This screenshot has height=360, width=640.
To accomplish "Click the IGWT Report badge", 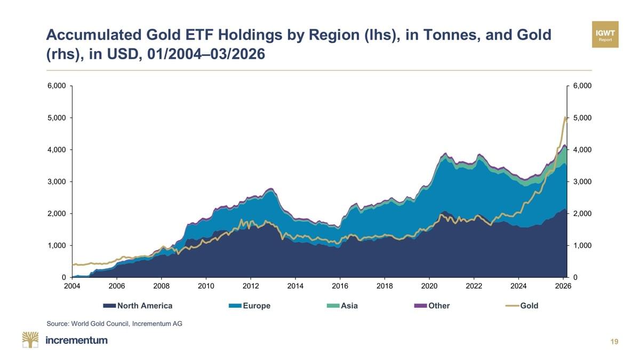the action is (605, 34).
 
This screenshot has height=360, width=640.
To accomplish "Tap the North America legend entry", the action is (138, 306).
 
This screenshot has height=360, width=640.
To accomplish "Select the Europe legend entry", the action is (250, 306).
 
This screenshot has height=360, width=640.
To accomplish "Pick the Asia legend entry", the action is (342, 306).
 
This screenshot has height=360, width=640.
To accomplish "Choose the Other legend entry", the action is (432, 306).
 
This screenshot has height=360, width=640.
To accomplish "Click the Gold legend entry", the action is (522, 306).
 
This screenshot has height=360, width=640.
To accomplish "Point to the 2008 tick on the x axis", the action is (162, 286).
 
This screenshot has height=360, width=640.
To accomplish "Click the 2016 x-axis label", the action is (340, 286).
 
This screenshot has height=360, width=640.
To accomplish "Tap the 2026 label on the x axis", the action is (563, 286).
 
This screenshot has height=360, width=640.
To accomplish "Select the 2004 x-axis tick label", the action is (72, 286).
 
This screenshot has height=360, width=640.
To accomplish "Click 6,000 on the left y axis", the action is (57, 86).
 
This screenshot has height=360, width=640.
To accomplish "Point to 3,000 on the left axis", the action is (57, 182).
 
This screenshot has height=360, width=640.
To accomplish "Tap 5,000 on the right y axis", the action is (582, 118).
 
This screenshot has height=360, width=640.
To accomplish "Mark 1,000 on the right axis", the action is (582, 245).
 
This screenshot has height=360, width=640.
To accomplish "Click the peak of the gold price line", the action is (565, 117).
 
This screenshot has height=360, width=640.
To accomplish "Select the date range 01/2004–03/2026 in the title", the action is (206, 54).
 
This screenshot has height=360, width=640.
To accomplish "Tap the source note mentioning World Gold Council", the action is (114, 324).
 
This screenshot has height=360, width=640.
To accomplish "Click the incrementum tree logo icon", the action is (30, 340).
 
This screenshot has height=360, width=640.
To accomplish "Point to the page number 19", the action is (614, 342).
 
